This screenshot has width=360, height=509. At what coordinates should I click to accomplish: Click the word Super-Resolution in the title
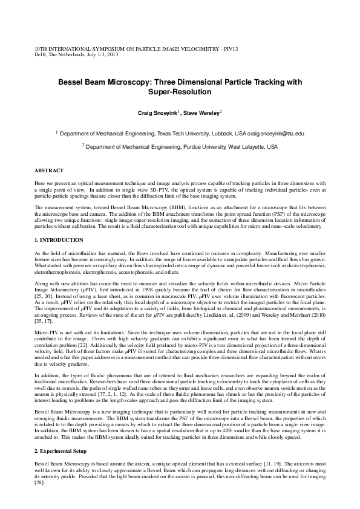click(x=180, y=92)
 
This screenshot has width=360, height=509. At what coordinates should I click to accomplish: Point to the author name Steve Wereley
click(x=203, y=113)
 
